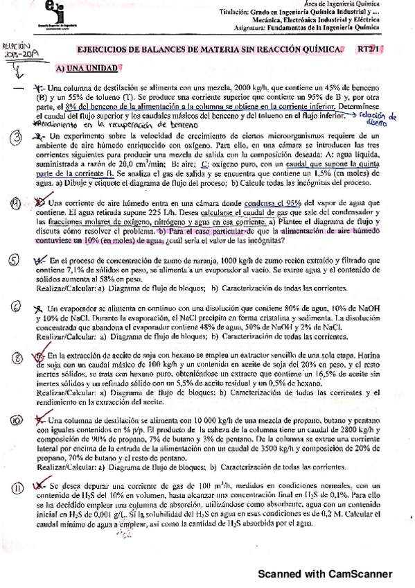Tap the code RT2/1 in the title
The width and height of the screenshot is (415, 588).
pos(371,49)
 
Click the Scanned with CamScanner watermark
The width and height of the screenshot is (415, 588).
pos(325,573)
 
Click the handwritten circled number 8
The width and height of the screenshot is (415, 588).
pos(15,358)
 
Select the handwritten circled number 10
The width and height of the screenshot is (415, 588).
pos(15,421)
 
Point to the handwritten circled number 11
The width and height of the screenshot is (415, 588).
pos(16,490)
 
